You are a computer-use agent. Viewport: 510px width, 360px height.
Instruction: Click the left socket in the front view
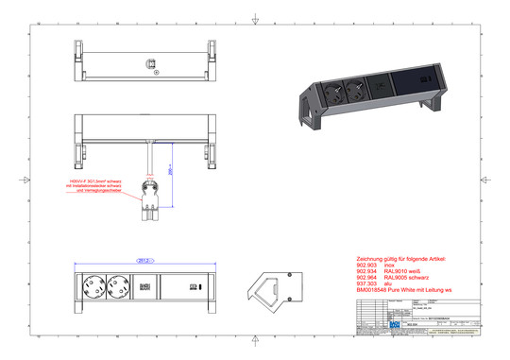pyautogui.click(x=95, y=283)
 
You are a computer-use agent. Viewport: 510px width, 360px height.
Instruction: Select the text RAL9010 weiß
pyautogui.click(x=407, y=273)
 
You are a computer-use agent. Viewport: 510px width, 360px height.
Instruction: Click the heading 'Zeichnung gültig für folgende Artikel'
pyautogui.click(x=406, y=258)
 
